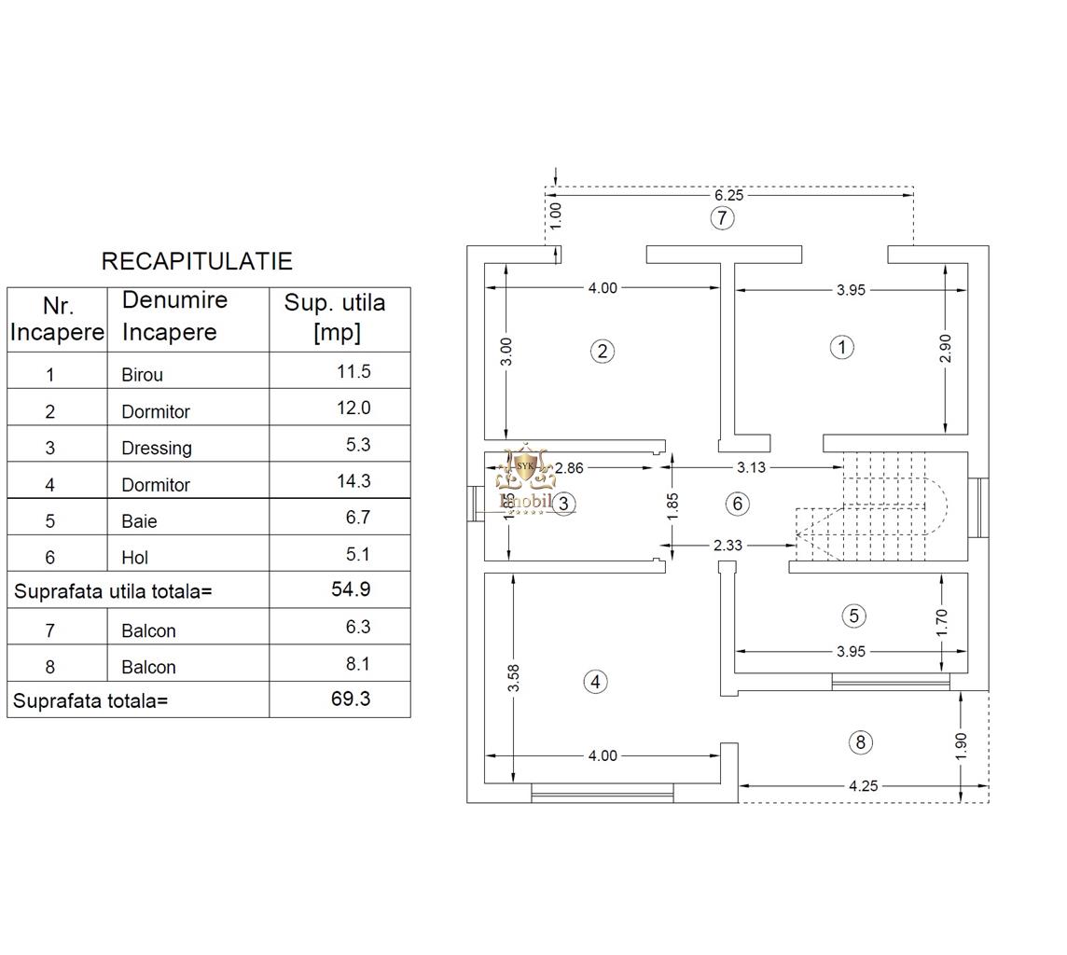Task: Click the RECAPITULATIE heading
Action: [197, 261]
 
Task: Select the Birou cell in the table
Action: [142, 375]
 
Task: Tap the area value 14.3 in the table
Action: [353, 481]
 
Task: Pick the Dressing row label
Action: [157, 449]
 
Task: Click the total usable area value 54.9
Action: [351, 589]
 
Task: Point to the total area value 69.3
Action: [351, 699]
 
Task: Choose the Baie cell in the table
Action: [140, 521]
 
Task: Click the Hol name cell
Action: [134, 558]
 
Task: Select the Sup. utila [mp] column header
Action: [335, 317]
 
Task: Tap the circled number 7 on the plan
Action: [722, 218]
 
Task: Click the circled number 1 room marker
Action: [842, 348]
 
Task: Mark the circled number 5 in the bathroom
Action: [854, 616]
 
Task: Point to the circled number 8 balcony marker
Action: [861, 742]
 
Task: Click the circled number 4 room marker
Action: [595, 682]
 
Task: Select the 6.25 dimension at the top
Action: [728, 195]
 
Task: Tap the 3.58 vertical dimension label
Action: [514, 678]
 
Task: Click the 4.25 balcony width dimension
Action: [864, 786]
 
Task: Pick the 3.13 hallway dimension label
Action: [751, 467]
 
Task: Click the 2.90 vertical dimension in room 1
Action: [945, 349]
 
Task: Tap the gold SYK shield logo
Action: [525, 467]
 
